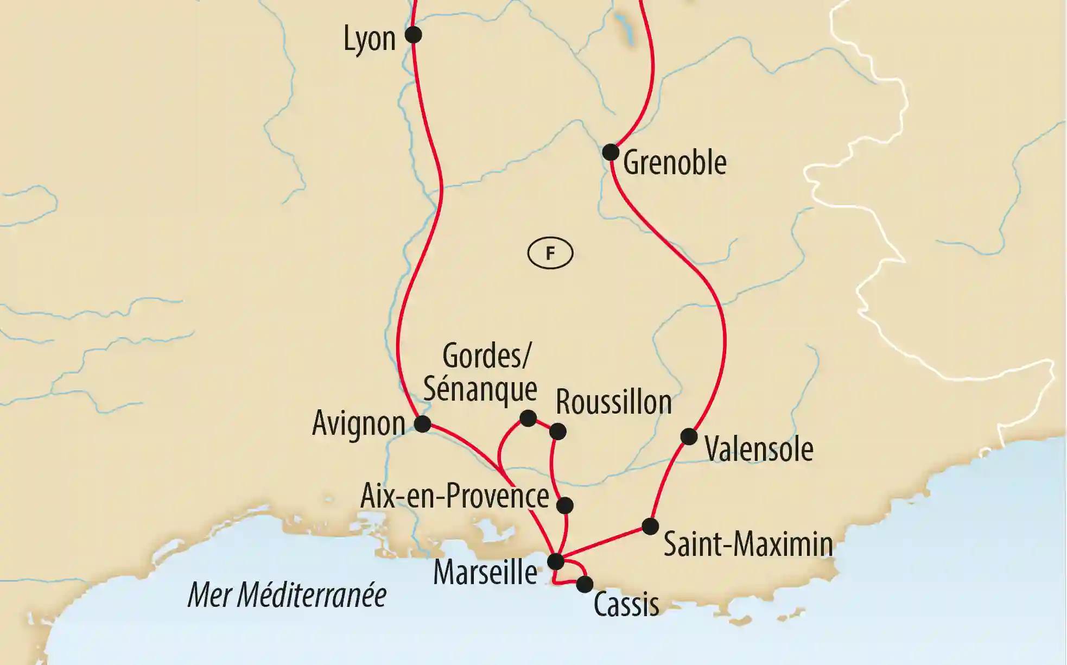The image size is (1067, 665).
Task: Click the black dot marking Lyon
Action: coord(414,35)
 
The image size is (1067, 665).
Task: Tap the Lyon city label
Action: coord(370,39)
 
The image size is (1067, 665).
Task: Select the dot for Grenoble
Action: coord(611,152)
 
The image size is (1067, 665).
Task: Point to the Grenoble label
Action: coord(675,162)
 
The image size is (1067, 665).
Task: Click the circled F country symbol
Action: coord(550,254)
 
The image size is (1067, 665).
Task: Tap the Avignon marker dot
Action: coord(422,423)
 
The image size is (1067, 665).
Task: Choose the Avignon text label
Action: coord(359,423)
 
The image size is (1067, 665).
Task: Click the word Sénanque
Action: coord(480,389)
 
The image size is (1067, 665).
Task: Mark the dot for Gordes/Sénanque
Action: coord(528,418)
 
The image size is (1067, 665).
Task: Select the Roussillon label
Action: coord(614,402)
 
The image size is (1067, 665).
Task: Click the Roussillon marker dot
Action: coord(558,432)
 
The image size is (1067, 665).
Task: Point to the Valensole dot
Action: coord(689,436)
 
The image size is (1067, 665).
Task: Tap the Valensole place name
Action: coord(759,449)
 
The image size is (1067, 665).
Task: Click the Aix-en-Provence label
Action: coord(455,496)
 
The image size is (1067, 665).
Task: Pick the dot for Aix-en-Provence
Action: coord(565,505)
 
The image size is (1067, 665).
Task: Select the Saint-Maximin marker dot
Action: coord(650,526)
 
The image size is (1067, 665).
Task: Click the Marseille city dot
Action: coord(556,561)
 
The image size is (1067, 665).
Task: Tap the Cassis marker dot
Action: coord(585,584)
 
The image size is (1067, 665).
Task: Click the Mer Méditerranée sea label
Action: coord(287,595)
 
